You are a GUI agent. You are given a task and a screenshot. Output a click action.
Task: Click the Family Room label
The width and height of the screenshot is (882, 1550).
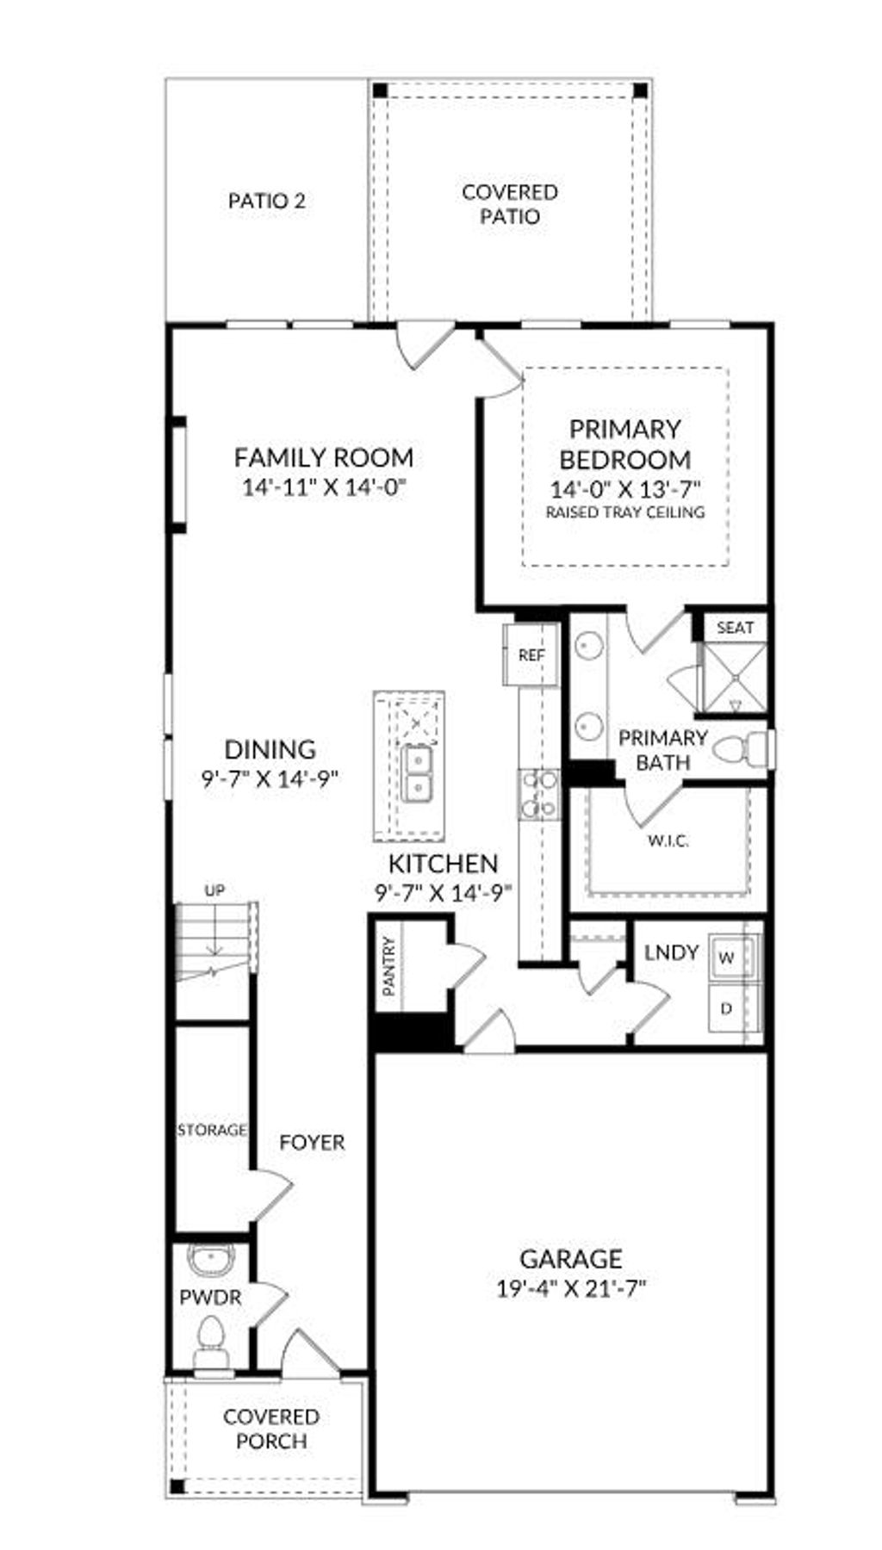click(x=324, y=457)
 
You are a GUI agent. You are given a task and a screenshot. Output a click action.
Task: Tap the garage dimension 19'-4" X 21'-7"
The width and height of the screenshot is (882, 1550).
click(x=571, y=1289)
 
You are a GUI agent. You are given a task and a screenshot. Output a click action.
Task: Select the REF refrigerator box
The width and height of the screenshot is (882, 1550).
click(x=531, y=655)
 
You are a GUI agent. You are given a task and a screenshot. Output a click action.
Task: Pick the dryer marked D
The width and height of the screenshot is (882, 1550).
click(x=728, y=1008)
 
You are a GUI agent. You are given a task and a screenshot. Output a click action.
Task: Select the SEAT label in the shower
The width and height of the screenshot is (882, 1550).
click(x=735, y=628)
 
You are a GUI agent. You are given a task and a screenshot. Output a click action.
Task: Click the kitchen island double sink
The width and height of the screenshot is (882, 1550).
click(x=419, y=773)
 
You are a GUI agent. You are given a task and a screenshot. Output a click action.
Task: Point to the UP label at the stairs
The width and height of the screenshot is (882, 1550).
click(x=214, y=890)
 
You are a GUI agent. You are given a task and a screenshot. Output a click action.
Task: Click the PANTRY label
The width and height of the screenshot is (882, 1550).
click(x=389, y=967)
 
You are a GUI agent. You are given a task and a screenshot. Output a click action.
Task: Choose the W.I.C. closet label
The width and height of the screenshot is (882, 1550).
click(x=668, y=840)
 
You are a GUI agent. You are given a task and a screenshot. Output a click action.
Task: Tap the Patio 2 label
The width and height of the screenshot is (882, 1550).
click(x=267, y=201)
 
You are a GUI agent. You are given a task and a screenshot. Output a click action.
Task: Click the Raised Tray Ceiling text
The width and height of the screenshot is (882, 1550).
click(x=625, y=512)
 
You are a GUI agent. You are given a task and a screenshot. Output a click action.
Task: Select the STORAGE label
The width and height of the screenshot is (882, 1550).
click(x=212, y=1129)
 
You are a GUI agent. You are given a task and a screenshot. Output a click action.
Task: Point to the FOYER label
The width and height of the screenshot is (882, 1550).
click(x=312, y=1143)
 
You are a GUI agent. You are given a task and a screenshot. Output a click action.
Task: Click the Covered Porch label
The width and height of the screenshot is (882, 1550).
click(x=271, y=1429)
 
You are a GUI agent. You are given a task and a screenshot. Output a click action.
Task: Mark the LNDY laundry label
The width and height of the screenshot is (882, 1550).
click(x=671, y=952)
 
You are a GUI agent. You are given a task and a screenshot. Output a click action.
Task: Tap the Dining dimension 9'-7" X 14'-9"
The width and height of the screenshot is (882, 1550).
click(x=270, y=778)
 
